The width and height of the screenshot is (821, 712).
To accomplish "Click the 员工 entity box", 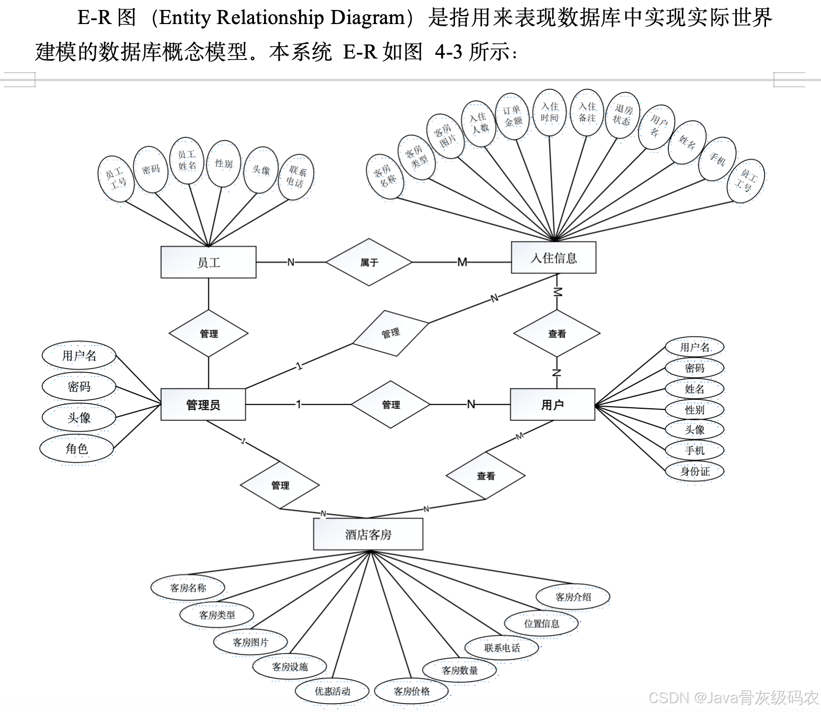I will click(x=208, y=262).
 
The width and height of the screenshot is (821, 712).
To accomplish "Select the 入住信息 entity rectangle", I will click(x=553, y=258).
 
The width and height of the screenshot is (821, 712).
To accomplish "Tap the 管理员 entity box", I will click(x=203, y=405).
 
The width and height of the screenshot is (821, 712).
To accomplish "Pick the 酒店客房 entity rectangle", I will click(x=368, y=534).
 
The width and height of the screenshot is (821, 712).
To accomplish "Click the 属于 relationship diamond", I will click(x=369, y=262).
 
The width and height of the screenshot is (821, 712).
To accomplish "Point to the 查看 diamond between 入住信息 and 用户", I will click(x=557, y=334).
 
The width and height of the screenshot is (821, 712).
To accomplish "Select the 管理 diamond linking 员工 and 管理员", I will click(x=209, y=334).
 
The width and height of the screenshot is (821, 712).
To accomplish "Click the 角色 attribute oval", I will click(x=77, y=449).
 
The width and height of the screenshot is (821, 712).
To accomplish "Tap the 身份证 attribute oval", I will click(x=694, y=471).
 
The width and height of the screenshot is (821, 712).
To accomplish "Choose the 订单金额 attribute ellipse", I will click(x=512, y=116).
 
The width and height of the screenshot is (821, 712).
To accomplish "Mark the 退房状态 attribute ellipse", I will click(x=622, y=115).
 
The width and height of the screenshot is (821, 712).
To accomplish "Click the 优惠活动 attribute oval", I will click(x=332, y=691).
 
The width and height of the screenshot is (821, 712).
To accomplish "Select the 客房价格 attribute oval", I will click(x=412, y=691).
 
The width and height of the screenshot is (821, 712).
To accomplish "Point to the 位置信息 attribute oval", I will click(x=541, y=623).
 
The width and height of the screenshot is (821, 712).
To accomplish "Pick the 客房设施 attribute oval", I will click(x=290, y=667).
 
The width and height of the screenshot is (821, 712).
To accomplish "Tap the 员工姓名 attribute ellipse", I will click(x=187, y=160).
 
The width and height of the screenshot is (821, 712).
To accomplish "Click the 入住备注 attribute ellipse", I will click(x=587, y=112).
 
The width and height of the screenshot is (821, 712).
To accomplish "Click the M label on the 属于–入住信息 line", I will click(x=462, y=262).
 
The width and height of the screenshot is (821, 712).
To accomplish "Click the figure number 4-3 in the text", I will click(x=448, y=52).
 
